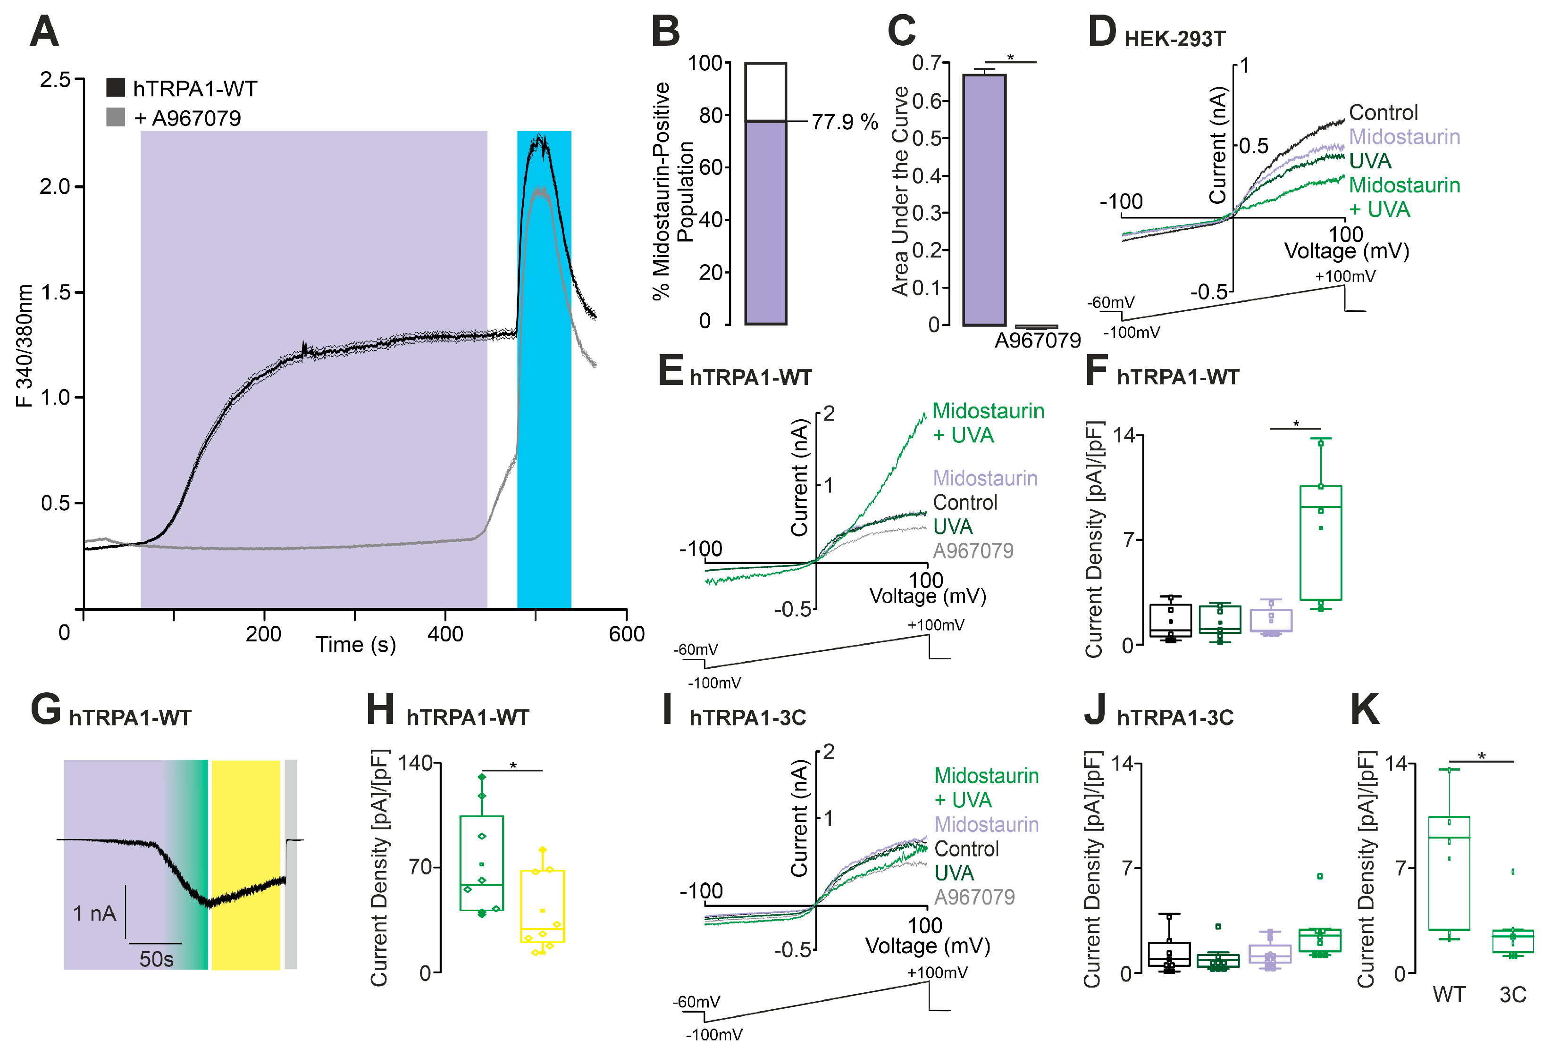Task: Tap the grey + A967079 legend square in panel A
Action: click(116, 117)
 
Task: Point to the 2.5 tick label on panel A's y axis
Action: click(55, 80)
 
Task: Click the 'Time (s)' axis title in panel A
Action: click(355, 644)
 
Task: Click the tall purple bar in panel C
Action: click(985, 199)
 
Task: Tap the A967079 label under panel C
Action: click(1037, 341)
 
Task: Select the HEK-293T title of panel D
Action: click(1174, 39)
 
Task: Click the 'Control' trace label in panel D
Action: click(1383, 112)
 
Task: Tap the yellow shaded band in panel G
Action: click(246, 864)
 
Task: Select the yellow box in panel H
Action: click(543, 905)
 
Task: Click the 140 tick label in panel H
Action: click(416, 763)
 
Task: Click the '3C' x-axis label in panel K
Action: click(1512, 994)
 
